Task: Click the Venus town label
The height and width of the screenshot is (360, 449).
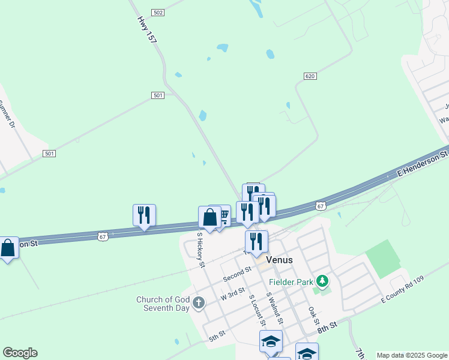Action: tap(280, 260)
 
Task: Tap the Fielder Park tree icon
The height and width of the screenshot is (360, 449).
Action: tap(323, 280)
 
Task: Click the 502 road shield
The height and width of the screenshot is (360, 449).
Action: tap(158, 13)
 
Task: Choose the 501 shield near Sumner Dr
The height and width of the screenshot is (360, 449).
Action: tap(49, 154)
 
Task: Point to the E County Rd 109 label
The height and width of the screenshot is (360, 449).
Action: tap(402, 290)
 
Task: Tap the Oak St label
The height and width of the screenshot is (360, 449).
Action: tap(313, 316)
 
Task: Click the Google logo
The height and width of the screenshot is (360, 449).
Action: tap(20, 353)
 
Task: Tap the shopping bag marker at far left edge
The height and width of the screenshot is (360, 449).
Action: tap(8, 247)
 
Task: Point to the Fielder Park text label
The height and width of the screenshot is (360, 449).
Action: tap(292, 280)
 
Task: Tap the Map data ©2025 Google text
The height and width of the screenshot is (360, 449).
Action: tap(412, 355)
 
